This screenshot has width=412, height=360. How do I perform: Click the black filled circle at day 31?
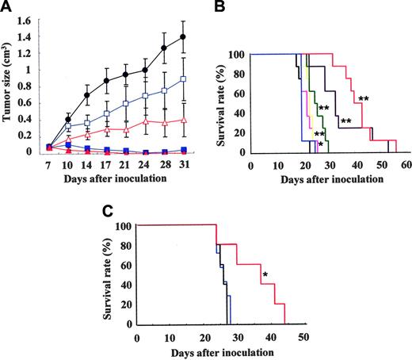(x=184, y=37)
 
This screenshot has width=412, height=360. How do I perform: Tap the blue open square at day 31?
(x=184, y=79)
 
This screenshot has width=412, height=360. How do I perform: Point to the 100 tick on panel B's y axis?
(x=237, y=54)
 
